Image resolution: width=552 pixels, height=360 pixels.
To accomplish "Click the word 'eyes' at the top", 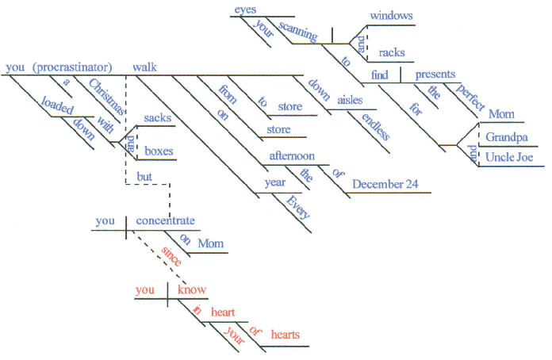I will pos(245,10).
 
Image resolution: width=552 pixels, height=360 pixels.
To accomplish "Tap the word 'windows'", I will pos(391,16).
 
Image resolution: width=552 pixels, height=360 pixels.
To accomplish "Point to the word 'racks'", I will pos(392,52).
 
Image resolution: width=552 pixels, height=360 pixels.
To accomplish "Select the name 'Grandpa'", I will pos(501,136).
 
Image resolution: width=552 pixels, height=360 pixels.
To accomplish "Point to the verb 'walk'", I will pos(144,67).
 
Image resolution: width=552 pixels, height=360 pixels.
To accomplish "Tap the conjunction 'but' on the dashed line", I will pos(144,177).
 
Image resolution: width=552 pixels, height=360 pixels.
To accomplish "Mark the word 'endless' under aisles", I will pos(375,125).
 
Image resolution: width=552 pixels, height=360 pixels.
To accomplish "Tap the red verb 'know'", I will pos(191,290).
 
